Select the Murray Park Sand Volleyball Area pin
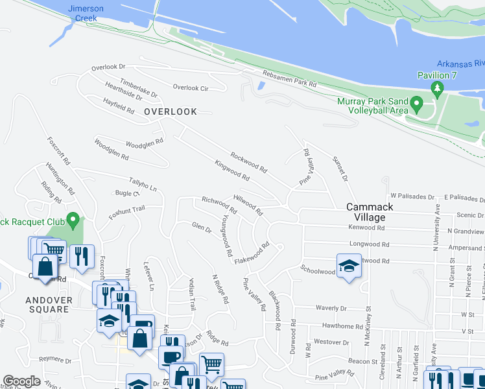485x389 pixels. [418, 104]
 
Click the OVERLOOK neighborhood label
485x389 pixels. [171, 112]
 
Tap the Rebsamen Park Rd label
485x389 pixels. [289, 78]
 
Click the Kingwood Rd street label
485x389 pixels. [232, 171]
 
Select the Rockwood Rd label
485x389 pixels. [248, 159]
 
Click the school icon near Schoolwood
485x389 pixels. [348, 265]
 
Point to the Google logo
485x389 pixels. [21, 381]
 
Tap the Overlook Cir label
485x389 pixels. [190, 88]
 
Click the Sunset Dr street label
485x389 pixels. [340, 168]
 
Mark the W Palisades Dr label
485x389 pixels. [412, 196]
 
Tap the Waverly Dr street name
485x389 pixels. [331, 309]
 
